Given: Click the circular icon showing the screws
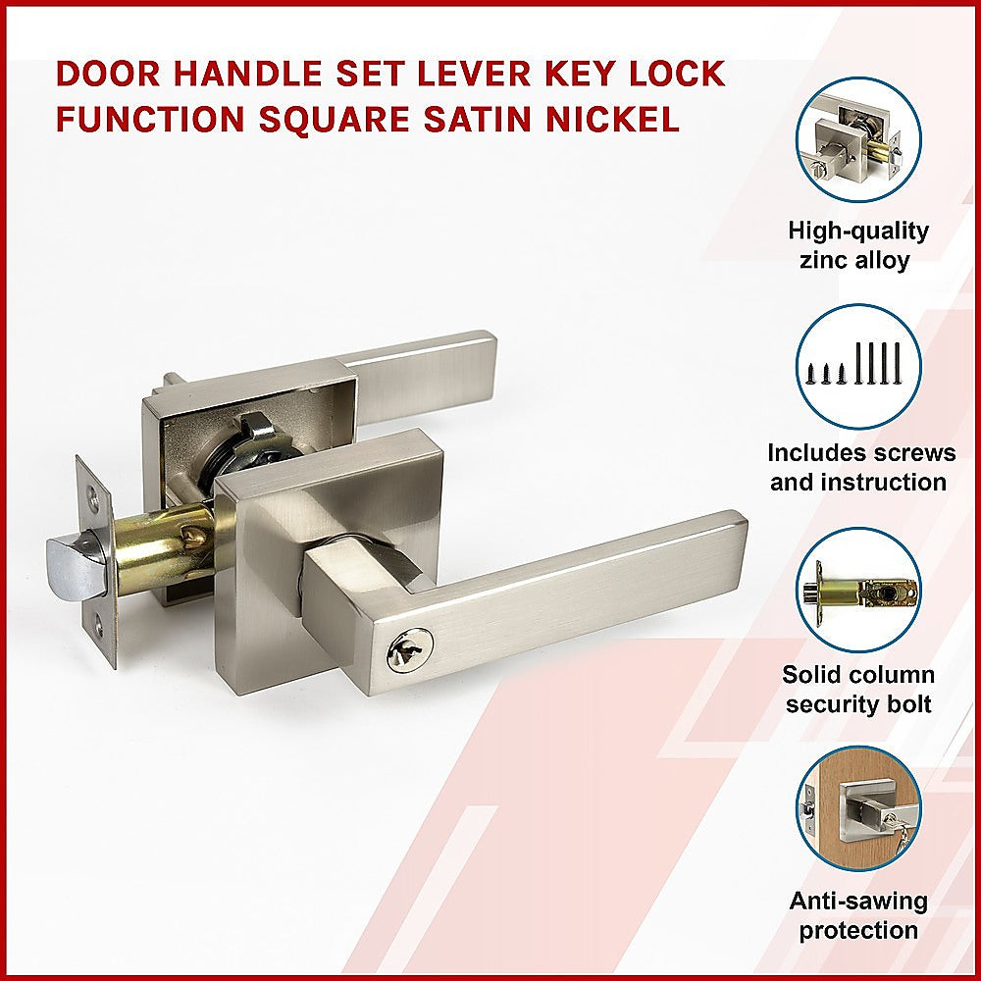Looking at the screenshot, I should pyautogui.click(x=858, y=366).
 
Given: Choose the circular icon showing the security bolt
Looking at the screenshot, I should pyautogui.click(x=858, y=591).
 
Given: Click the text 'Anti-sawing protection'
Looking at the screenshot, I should pyautogui.click(x=858, y=915).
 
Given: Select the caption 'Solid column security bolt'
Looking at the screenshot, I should pyautogui.click(x=858, y=690).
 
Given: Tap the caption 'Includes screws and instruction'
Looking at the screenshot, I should pyautogui.click(x=858, y=468).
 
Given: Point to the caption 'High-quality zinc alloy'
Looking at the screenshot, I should pyautogui.click(x=858, y=245).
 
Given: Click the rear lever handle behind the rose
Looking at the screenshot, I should pyautogui.click(x=432, y=363).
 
